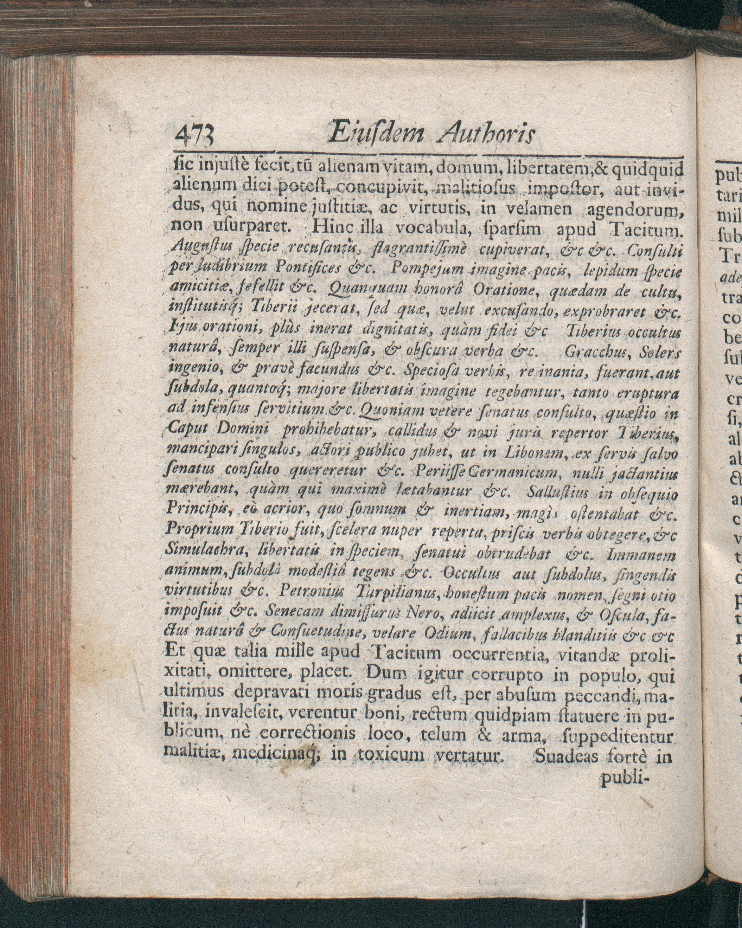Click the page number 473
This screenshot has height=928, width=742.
[196, 136]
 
